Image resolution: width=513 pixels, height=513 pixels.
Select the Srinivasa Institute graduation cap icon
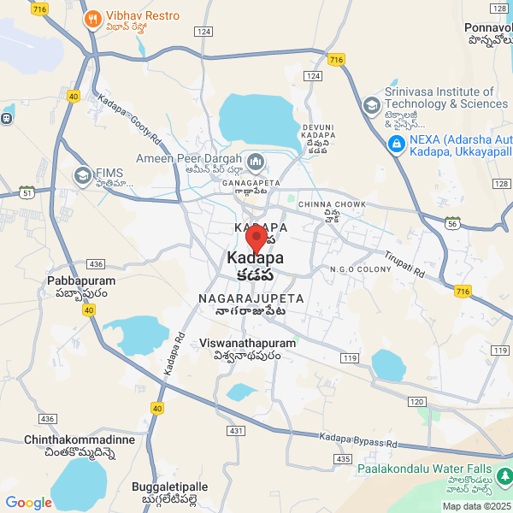371,106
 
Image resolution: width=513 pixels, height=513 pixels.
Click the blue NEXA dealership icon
396,144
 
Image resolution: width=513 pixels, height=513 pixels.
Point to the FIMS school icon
83,176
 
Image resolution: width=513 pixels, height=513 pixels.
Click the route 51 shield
27,192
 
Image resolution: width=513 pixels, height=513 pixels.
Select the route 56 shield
451,223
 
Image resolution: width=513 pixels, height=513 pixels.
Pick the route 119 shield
348,357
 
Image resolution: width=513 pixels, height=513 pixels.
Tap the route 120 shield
416,400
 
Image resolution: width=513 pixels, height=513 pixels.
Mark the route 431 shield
236,430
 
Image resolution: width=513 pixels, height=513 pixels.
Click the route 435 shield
343,459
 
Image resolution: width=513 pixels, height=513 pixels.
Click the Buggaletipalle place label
170,492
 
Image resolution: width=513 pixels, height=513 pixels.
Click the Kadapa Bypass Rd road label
359,440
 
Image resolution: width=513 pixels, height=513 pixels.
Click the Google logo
28,503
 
